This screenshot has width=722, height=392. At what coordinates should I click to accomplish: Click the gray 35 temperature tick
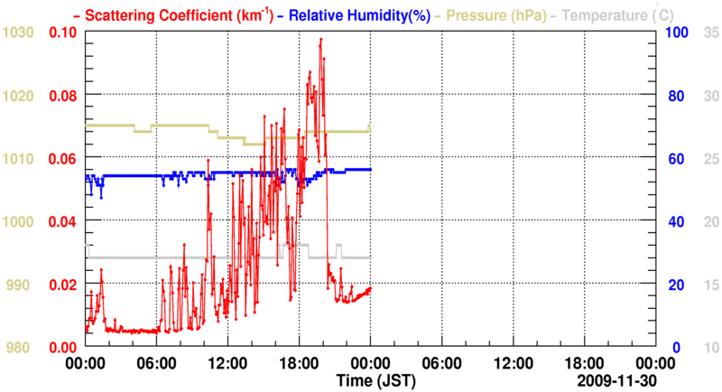pos(709,33)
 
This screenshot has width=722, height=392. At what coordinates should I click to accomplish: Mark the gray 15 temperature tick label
pos(709,285)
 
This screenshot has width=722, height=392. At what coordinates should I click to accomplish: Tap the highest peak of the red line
pos(320,40)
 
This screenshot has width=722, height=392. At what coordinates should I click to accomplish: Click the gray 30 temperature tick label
pos(709,96)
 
